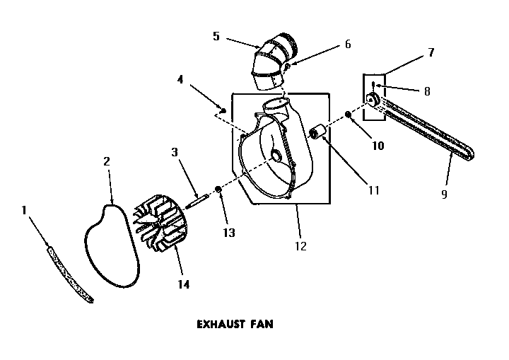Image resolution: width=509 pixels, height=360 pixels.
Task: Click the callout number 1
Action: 24,211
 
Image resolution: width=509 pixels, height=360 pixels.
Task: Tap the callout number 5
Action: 216,35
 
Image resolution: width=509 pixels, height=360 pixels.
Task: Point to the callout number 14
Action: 183,284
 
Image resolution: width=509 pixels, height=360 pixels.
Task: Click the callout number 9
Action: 444,194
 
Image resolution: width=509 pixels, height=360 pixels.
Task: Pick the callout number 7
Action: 431,53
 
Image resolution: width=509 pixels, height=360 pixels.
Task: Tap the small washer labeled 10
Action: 349,115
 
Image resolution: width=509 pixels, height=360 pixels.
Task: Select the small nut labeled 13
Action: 218,191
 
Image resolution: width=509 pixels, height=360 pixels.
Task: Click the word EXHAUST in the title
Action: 218,325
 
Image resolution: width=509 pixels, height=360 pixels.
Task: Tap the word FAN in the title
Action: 261,325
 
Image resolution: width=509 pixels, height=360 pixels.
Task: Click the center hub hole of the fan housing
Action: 275,154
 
